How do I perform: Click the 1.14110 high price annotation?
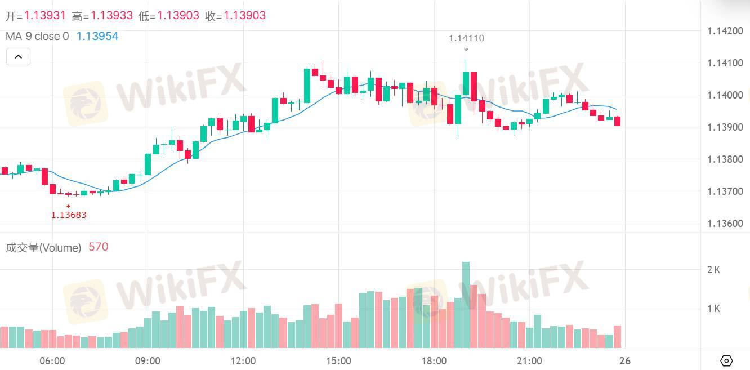466,38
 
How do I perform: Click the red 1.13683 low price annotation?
69,215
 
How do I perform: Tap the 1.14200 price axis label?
725,31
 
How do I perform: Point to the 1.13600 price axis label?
725,224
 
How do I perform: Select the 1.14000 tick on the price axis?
725,95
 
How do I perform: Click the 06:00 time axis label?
52,361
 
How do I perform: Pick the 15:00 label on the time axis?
338,361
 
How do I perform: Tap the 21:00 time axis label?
529,361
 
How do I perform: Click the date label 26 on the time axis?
625,361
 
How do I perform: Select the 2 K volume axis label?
713,270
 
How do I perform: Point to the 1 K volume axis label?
713,309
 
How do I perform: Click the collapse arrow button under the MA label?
19,56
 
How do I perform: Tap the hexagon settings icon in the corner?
726,361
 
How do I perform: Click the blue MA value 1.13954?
97,36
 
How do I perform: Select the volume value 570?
99,247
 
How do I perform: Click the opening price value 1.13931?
45,15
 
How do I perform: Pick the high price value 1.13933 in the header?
112,15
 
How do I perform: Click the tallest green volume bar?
466,305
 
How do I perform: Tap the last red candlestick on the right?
618,121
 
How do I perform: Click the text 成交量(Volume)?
43,248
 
